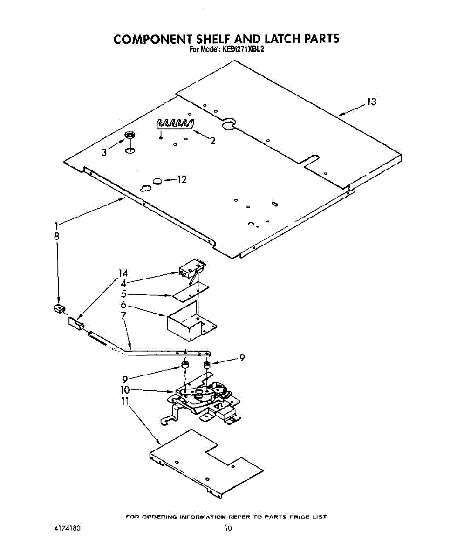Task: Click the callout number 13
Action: (x=371, y=102)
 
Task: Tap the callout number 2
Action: (x=212, y=141)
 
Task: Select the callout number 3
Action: (x=104, y=152)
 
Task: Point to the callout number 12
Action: (x=181, y=179)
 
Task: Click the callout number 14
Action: (x=123, y=273)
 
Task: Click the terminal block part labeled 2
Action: (x=174, y=123)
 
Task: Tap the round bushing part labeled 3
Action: (x=130, y=136)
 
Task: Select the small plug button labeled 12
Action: (x=157, y=180)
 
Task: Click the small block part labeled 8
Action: (x=59, y=308)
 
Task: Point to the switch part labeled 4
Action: (x=191, y=271)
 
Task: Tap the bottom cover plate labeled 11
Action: (x=205, y=464)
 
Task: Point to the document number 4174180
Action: (x=68, y=529)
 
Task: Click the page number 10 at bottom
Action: (x=228, y=529)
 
